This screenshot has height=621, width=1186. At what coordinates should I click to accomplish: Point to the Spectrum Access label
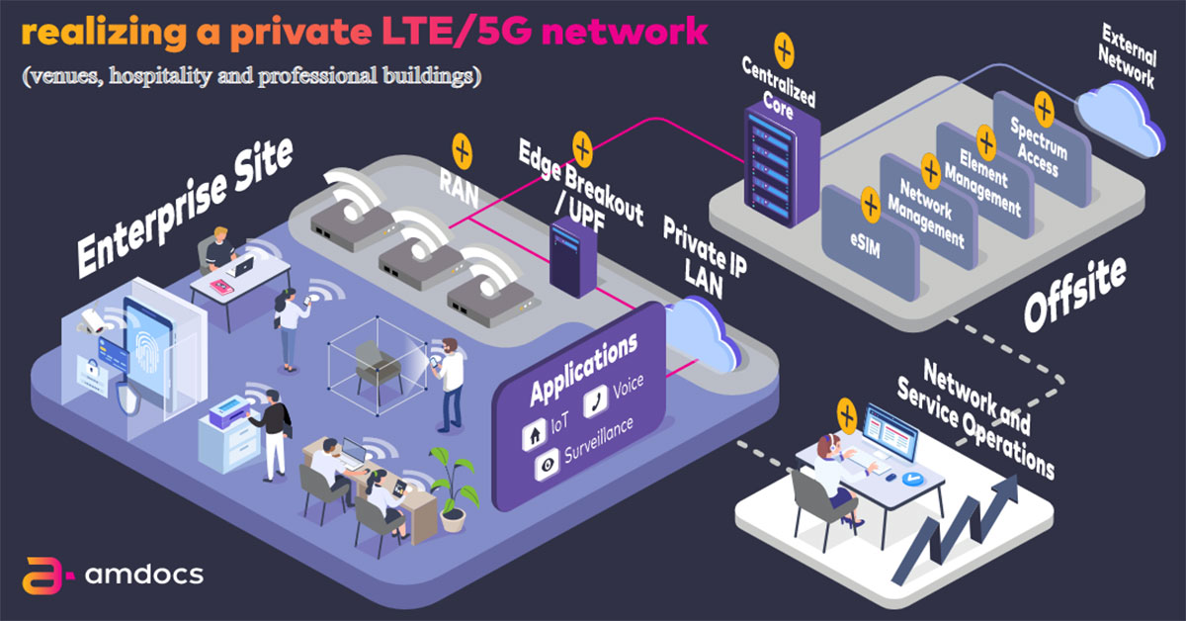1037,146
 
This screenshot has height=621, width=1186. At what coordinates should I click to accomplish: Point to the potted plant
453,485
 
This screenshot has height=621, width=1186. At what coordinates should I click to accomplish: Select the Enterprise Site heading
186,207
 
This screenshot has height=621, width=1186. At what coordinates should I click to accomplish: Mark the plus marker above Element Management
984,139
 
